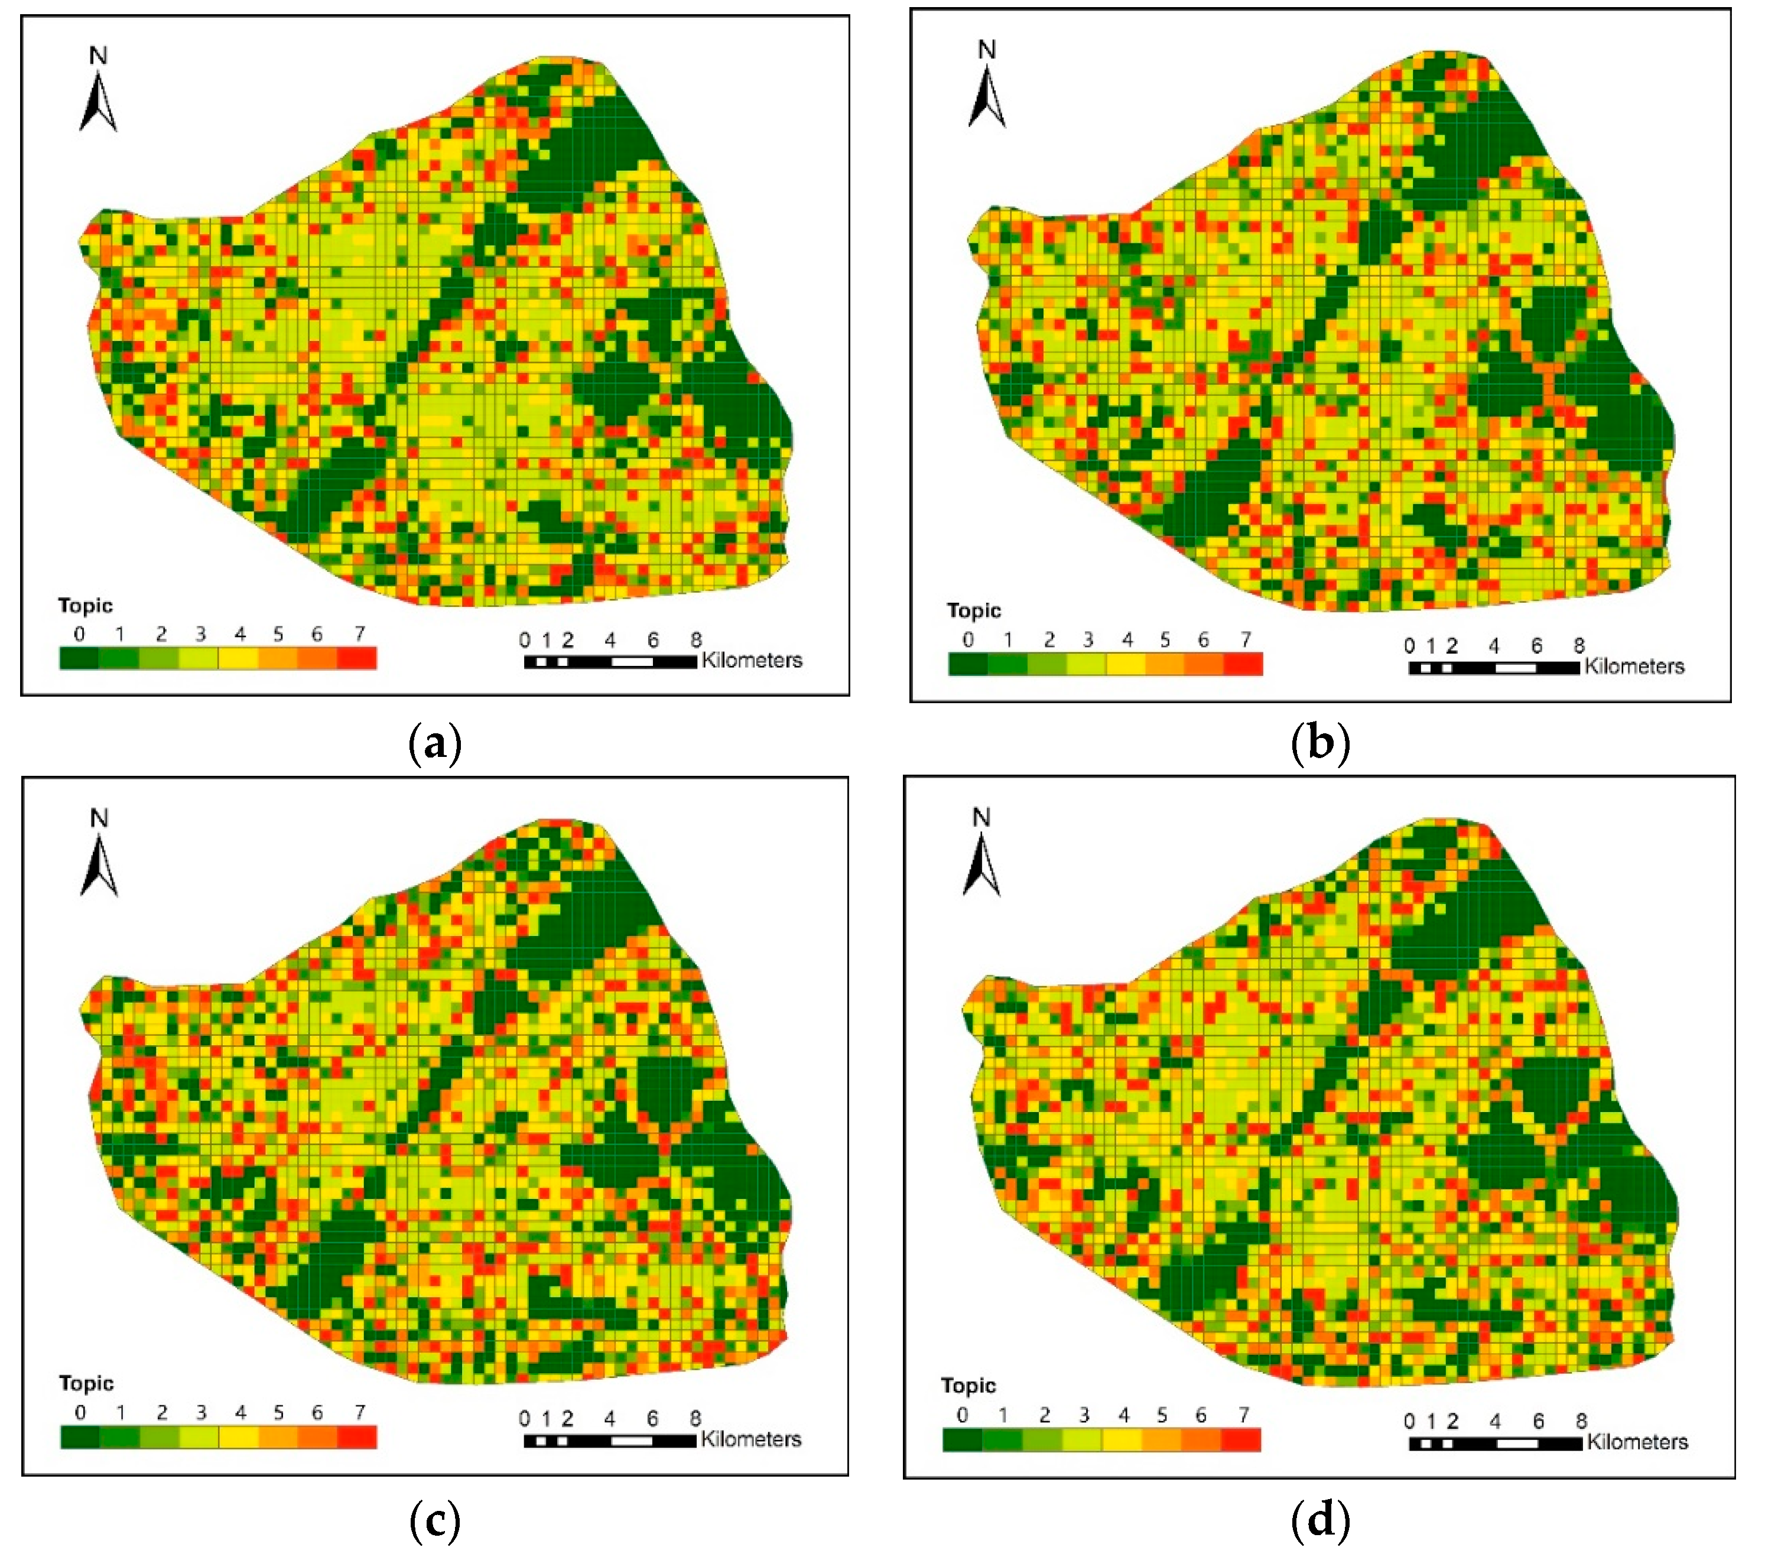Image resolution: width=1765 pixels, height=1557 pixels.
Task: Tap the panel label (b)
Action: (1320, 743)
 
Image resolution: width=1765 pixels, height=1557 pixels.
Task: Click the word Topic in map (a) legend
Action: (86, 605)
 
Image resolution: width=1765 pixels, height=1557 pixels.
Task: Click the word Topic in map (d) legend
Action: (968, 1385)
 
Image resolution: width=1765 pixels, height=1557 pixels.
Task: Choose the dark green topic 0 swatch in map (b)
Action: (968, 663)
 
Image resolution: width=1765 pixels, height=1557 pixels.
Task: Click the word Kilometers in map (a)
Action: (751, 661)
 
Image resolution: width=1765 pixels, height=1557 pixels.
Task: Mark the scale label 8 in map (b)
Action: (1578, 645)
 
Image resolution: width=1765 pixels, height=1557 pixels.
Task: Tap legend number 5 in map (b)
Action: (1165, 640)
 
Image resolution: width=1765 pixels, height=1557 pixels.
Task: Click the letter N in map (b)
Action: (986, 50)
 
